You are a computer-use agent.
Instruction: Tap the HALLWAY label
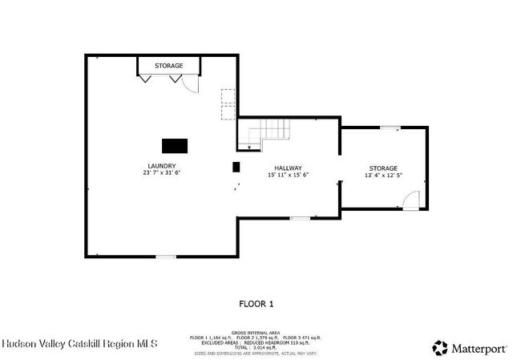(288, 168)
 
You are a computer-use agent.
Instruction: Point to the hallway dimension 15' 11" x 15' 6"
(288, 175)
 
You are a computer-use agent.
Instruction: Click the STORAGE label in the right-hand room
(382, 168)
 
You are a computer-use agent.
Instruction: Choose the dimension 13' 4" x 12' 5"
(382, 175)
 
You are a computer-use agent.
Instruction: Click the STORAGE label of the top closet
(168, 66)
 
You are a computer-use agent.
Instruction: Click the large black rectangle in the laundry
(175, 145)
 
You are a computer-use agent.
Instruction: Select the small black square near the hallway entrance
(236, 167)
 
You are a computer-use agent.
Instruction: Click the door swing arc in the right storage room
(410, 200)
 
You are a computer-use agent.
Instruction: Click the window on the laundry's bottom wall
(165, 257)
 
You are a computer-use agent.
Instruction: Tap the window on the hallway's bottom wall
(300, 218)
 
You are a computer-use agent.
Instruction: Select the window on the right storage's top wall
(390, 127)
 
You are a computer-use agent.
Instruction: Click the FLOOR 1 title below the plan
(256, 304)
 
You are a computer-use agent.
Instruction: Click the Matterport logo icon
(440, 348)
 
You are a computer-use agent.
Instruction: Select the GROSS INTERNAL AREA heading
(256, 332)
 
